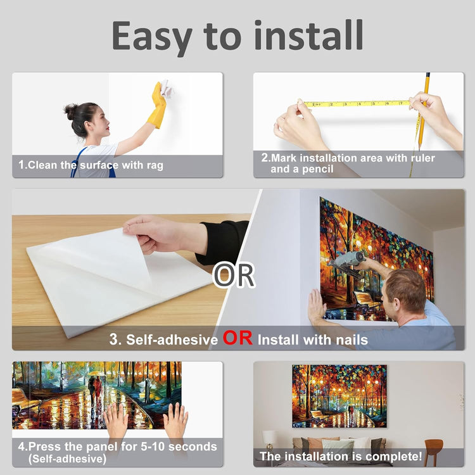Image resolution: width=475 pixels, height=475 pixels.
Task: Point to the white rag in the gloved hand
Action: (167, 88)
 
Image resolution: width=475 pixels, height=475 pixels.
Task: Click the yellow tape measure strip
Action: (356, 104)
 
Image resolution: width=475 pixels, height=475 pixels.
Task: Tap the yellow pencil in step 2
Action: (423, 111)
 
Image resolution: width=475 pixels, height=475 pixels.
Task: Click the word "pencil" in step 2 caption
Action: (317, 169)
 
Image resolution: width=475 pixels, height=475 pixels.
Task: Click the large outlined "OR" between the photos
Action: (234, 275)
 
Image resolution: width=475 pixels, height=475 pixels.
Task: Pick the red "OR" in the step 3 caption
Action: (237, 338)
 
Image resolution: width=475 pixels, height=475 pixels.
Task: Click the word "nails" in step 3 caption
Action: (351, 340)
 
